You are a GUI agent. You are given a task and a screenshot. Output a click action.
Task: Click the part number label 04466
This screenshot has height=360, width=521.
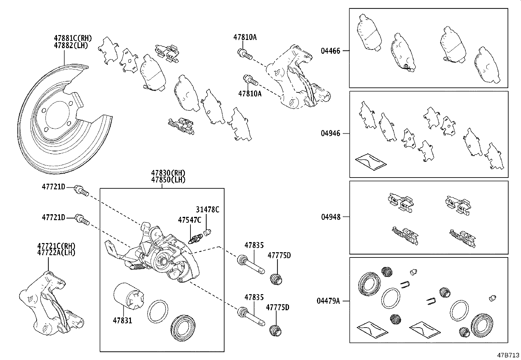[x=330, y=51]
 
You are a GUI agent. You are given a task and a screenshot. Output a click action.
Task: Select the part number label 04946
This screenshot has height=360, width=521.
[x=330, y=133]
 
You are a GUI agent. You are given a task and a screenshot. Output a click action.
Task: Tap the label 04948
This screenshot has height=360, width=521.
[x=330, y=217]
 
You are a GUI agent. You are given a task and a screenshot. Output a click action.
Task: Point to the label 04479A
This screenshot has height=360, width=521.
[x=328, y=300]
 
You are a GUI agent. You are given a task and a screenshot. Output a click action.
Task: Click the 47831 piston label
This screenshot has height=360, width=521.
[x=123, y=320]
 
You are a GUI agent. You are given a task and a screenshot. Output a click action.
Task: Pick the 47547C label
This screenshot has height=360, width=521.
[x=189, y=220]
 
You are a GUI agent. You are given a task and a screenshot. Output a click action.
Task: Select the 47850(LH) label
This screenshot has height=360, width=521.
[x=168, y=180]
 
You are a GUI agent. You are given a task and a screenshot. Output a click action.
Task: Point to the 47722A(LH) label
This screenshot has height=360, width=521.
[x=56, y=253]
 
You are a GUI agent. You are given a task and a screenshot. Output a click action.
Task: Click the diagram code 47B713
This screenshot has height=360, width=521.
[x=508, y=355]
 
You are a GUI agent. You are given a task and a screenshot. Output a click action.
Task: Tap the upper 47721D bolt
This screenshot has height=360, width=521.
[x=81, y=190]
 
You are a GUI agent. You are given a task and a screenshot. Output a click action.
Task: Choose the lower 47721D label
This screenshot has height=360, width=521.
[x=53, y=217]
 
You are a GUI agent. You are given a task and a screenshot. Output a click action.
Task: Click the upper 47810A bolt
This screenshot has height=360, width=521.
[x=245, y=54]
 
